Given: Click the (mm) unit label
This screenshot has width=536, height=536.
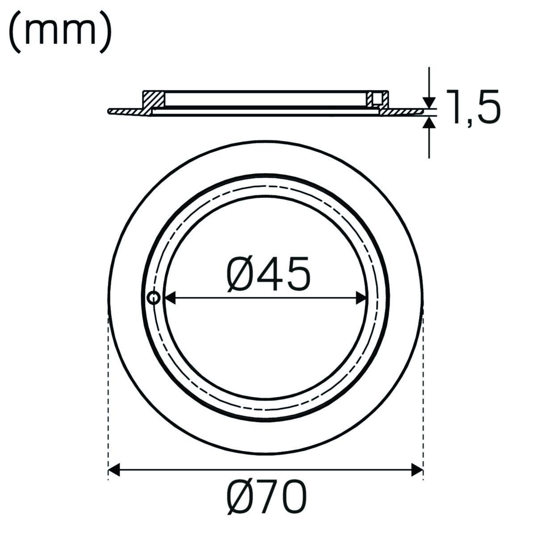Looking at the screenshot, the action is click(x=60, y=32).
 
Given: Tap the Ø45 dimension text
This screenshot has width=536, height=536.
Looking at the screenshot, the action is click(x=268, y=274).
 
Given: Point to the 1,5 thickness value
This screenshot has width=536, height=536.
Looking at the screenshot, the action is click(x=473, y=107).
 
